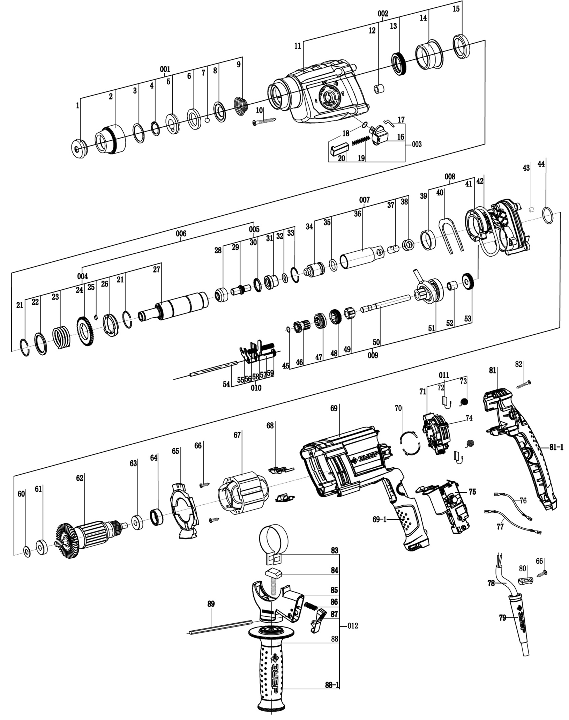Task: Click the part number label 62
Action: [80, 478]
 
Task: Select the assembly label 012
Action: [353, 626]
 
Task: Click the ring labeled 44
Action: [548, 215]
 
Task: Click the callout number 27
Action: [157, 269]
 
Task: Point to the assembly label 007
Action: [364, 200]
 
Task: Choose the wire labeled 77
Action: [513, 521]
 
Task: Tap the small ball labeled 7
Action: [207, 120]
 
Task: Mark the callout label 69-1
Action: [380, 519]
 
